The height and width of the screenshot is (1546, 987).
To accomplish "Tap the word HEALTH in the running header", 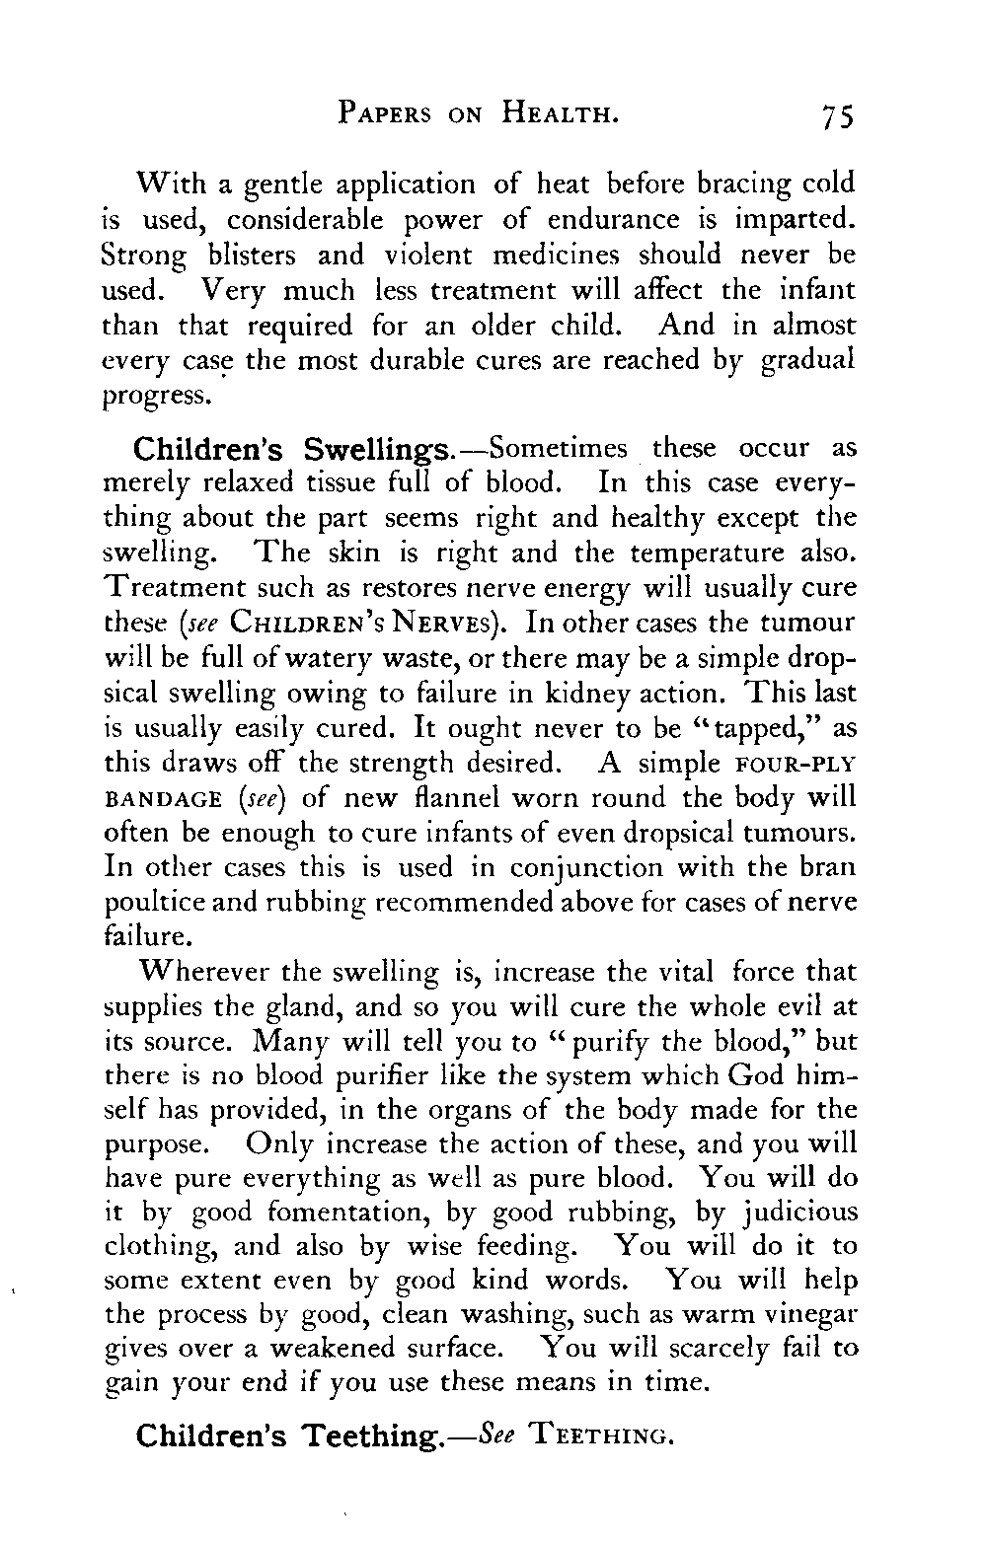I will tap(560, 114).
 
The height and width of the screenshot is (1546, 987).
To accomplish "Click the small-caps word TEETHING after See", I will tap(603, 1432).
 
